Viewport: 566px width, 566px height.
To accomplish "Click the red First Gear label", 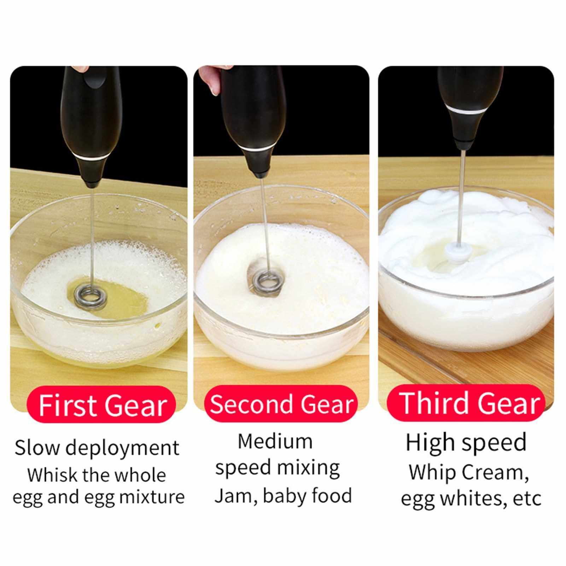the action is point(101,404).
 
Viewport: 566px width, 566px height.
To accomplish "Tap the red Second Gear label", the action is point(281,404).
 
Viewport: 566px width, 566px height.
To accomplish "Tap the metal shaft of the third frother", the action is point(460,198).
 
